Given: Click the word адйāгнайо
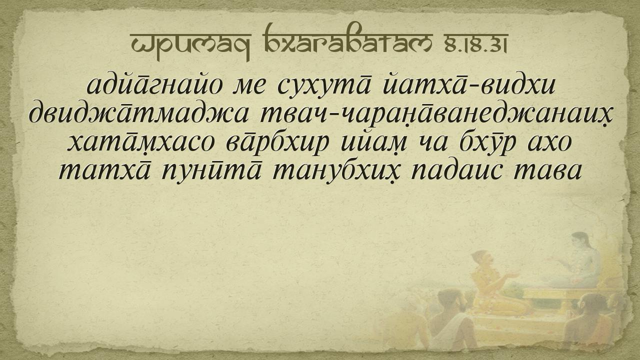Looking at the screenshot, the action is pyautogui.click(x=154, y=85).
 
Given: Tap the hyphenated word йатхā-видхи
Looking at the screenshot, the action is pyautogui.click(x=469, y=85).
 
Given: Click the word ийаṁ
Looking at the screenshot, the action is pyautogui.click(x=373, y=143).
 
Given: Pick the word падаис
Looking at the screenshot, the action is pyautogui.click(x=456, y=173).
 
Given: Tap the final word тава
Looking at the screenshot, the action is pyautogui.click(x=547, y=173).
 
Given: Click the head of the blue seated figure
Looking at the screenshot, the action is pyautogui.click(x=580, y=240).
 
